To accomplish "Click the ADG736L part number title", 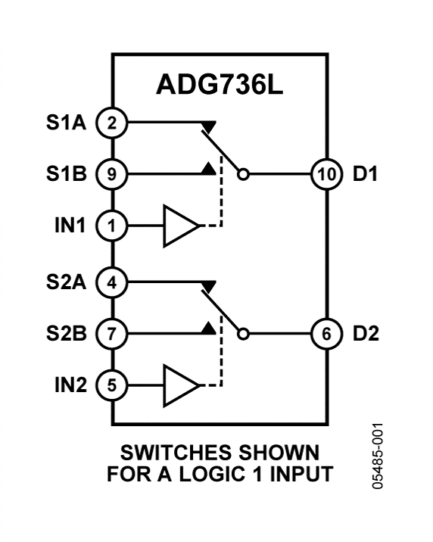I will (220, 85).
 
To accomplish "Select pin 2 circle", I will (112, 123).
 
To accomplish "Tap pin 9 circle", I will (112, 174).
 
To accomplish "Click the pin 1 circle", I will (112, 225).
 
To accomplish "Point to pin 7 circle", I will (112, 333).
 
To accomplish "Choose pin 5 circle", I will (112, 385).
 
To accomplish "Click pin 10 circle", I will (325, 174).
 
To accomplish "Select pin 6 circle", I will (325, 333).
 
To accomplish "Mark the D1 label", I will (366, 174).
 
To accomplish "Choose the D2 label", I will (366, 333).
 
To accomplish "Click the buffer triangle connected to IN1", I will (179, 225).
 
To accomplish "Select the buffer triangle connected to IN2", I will (179, 385).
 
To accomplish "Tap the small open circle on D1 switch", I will (242, 174).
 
